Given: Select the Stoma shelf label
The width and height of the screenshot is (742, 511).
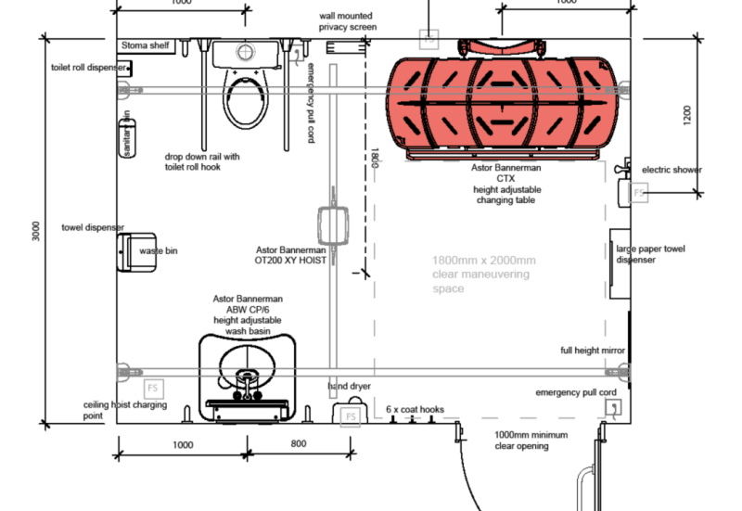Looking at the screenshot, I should pyautogui.click(x=146, y=45).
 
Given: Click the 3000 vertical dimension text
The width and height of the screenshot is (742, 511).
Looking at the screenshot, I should pyautogui.click(x=35, y=231).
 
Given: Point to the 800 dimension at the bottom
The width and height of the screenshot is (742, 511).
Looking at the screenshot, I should pyautogui.click(x=298, y=444).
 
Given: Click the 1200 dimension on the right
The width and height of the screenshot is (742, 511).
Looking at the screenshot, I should pyautogui.click(x=686, y=115).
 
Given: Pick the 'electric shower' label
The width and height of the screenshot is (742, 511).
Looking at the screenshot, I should pyautogui.click(x=672, y=171).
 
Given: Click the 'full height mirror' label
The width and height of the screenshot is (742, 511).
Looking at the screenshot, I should pyautogui.click(x=592, y=351).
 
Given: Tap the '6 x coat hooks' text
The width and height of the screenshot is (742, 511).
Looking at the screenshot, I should pyautogui.click(x=415, y=408).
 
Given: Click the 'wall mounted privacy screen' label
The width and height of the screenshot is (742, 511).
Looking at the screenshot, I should pyautogui.click(x=349, y=22).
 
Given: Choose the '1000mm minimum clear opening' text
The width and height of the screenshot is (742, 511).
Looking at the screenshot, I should pyautogui.click(x=530, y=440).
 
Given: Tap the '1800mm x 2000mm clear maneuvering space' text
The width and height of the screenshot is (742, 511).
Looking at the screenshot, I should pyautogui.click(x=483, y=275).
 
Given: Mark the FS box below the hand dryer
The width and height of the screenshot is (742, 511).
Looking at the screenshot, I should pyautogui.click(x=351, y=416).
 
